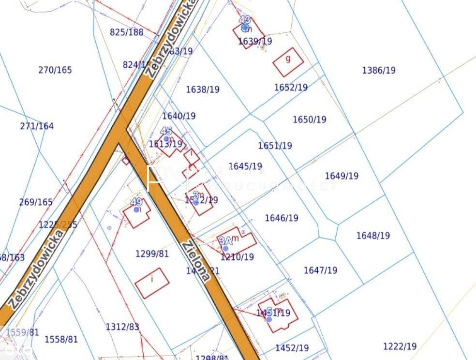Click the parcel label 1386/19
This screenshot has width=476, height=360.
(379, 70)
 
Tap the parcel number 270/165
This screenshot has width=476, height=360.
(55, 70)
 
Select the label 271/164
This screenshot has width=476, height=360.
(37, 126)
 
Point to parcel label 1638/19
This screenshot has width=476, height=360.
(203, 90)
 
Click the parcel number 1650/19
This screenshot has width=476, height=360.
(310, 120)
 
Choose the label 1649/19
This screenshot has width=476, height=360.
(342, 176)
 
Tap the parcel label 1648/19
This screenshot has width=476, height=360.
(373, 236)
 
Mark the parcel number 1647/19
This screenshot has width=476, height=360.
(321, 270)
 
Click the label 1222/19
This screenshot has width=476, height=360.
(400, 346)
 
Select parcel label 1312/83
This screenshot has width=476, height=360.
(122, 327)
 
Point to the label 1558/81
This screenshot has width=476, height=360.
(61, 339)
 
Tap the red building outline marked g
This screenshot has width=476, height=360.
(288, 62)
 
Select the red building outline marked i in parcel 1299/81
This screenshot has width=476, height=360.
(152, 283)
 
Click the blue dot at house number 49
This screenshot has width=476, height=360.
(136, 210)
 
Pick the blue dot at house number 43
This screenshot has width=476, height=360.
(245, 28)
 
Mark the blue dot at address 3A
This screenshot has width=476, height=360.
(225, 248)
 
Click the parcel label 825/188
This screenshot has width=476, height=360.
(127, 32)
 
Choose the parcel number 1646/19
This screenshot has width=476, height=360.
(282, 218)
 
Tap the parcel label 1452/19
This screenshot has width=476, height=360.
(292, 348)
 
